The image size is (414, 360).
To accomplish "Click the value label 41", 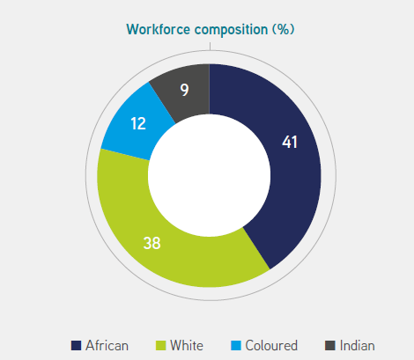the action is tap(290, 142).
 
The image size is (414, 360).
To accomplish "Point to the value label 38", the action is tap(152, 243).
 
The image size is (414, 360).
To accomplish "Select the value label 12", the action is tap(138, 123).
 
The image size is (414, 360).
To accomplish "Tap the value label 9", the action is tap(184, 90).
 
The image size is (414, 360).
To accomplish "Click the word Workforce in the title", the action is tap(159, 30).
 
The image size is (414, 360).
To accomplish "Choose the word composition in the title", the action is tap(232, 30).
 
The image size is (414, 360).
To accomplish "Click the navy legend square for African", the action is tap(76, 345).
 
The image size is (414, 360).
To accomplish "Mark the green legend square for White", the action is tap(160, 345).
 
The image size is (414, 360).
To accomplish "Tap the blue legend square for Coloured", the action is tap(236, 345).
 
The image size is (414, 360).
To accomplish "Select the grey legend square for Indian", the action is tap(330, 345).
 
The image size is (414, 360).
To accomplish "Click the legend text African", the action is tap(107, 346).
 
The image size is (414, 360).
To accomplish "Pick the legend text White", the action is tap(187, 346).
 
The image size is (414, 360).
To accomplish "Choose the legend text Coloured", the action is tap(271, 346).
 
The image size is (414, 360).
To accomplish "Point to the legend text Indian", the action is tap(358, 346).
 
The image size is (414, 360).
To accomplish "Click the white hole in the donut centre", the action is tap(209, 175).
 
